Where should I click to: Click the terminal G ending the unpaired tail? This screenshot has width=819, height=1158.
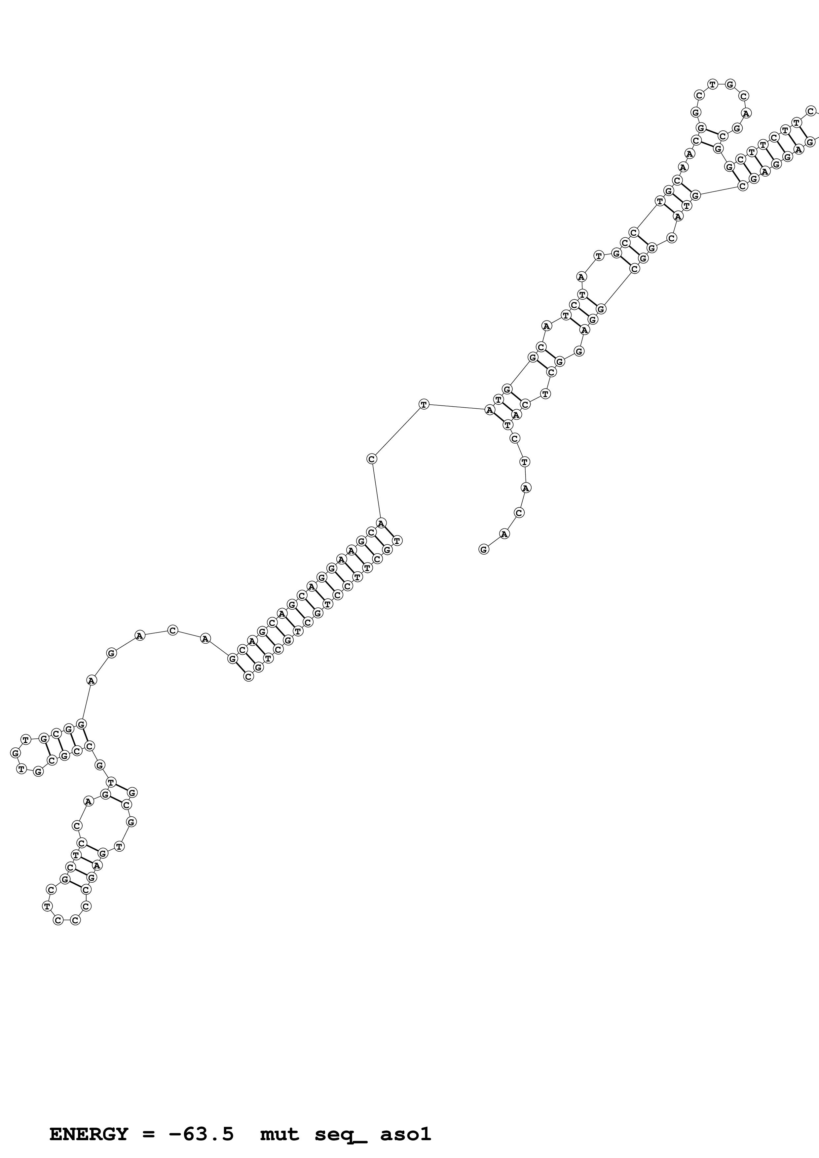483,549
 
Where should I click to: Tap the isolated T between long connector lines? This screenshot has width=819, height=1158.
424,404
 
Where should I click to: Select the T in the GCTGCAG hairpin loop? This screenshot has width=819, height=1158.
713,84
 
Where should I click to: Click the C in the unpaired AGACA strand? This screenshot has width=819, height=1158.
172,630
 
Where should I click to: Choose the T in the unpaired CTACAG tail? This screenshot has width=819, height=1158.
525,461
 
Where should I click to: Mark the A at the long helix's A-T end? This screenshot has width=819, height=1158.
382,523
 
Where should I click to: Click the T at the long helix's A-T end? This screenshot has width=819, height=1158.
397,541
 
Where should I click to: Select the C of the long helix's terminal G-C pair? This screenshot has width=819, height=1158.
248,676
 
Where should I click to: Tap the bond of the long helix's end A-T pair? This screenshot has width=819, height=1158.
390,531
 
